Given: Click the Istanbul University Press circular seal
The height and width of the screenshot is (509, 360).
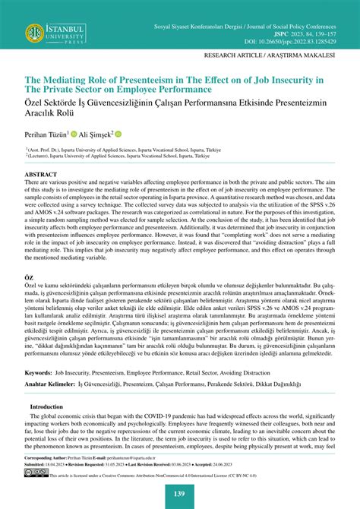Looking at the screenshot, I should (x=34, y=33).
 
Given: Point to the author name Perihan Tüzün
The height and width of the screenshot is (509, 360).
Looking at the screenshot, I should (x=45, y=134).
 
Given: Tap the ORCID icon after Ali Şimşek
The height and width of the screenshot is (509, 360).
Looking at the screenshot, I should (x=118, y=134).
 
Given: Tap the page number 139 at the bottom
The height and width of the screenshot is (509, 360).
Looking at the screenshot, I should (x=179, y=495).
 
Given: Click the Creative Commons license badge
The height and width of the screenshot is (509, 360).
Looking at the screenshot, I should (x=36, y=473).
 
